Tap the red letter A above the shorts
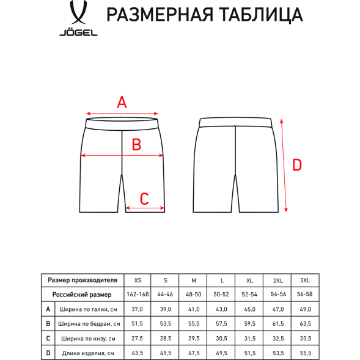point(122,102)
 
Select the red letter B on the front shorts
point(137,145)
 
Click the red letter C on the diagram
point(145,198)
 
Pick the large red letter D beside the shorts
point(297,164)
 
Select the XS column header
point(136,280)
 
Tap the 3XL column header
point(306,280)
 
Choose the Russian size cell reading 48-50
point(193,295)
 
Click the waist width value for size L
point(221,309)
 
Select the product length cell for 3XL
point(306,353)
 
